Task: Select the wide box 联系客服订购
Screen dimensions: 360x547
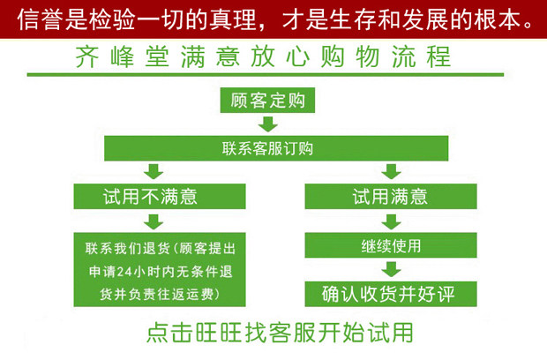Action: (x=267, y=148)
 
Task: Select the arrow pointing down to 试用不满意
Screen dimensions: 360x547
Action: (x=154, y=172)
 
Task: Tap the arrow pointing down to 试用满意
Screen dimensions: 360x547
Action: (x=389, y=172)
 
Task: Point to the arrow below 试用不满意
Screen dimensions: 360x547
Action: (x=154, y=221)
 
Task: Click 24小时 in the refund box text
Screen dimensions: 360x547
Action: (x=132, y=269)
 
